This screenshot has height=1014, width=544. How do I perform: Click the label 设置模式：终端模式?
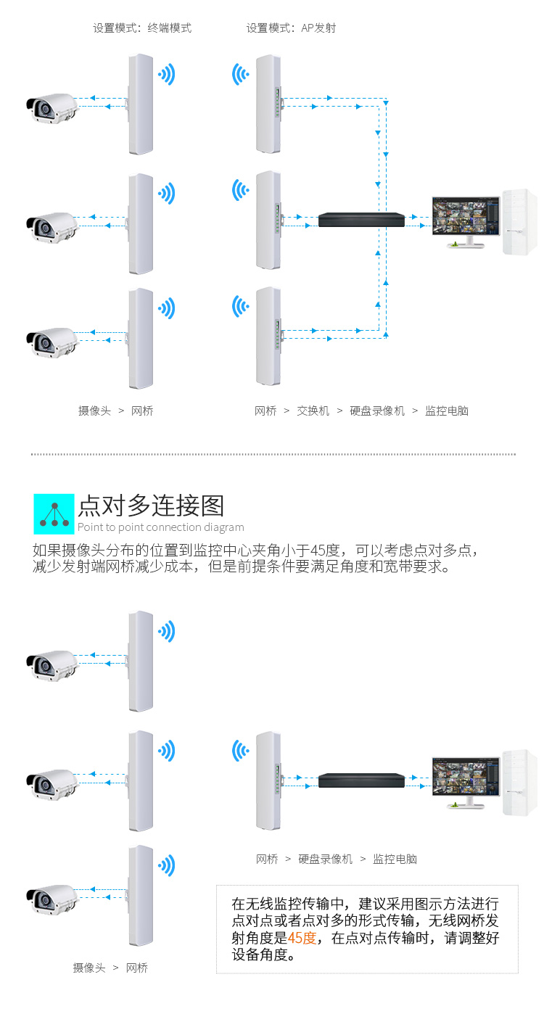142,28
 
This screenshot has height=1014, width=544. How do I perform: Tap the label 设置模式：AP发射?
291,28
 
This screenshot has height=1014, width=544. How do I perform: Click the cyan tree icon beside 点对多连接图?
54,514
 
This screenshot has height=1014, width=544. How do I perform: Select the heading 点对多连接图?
151,506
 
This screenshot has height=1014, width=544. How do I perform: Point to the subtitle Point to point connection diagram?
160,527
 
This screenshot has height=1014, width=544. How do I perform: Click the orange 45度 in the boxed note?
302,938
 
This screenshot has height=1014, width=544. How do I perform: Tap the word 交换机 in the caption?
313,411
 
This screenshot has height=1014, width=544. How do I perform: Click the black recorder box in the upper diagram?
361,218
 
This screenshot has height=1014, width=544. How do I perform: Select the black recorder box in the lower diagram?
361,780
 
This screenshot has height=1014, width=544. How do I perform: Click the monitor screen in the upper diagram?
465,217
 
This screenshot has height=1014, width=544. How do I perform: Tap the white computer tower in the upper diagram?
519,221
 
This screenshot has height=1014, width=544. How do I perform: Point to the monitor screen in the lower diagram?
465,778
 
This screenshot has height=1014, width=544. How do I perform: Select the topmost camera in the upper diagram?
52,107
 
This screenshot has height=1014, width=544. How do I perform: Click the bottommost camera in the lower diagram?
52,897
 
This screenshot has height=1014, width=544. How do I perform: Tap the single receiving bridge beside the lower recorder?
268,780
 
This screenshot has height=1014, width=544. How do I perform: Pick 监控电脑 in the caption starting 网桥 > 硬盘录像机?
395,859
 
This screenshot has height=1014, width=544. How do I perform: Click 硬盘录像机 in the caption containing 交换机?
377,411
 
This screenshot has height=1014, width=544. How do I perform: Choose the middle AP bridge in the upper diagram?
268,218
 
